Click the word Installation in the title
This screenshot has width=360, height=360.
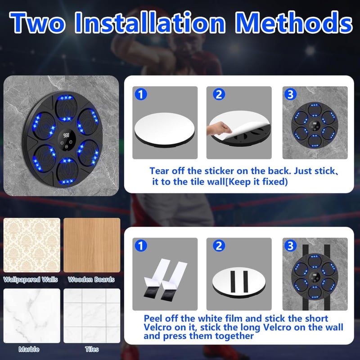point(150,22)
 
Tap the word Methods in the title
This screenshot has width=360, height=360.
point(294,22)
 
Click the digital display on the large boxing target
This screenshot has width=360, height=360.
point(66,135)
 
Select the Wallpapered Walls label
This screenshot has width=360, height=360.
point(31,279)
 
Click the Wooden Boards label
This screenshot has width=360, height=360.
point(91,279)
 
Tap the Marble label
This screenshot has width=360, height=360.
point(29,349)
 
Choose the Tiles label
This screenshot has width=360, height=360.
point(92,349)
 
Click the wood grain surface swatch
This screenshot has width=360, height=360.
point(92,245)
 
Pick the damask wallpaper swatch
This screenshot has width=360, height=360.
point(32,245)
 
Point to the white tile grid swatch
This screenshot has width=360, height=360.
point(92,316)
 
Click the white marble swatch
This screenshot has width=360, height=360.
point(32,316)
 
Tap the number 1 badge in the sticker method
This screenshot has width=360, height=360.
point(141,94)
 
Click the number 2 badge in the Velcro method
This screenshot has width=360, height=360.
point(219,246)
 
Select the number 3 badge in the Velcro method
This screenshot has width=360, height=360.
point(290,246)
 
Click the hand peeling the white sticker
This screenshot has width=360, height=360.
point(219,129)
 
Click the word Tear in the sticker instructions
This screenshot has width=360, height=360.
point(159,171)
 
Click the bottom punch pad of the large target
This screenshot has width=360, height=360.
point(67,171)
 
